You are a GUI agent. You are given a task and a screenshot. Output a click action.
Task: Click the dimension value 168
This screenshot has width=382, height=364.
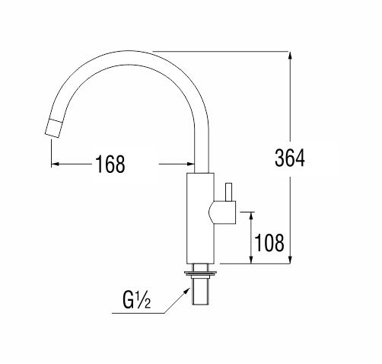pos(110,164)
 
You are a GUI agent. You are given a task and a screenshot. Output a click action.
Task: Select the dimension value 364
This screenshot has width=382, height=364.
pos(290,158)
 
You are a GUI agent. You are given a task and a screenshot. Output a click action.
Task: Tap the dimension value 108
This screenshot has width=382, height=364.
pos(269,243)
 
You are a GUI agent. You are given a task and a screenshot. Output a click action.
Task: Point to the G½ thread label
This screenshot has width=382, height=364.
pos(136,301)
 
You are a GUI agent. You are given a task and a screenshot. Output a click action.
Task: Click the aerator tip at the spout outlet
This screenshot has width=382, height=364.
pos(53,129)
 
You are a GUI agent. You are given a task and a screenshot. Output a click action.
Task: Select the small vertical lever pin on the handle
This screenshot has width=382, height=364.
pos(229,192)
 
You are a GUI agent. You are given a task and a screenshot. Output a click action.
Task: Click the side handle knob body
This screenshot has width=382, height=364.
pos(222,212)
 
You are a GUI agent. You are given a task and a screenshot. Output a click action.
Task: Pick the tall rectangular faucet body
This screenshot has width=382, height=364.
pos(200,219)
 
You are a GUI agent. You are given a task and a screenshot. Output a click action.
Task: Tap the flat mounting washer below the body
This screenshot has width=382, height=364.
pos(201,273)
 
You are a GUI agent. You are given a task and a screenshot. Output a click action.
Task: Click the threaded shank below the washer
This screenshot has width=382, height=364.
pos(201,290)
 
